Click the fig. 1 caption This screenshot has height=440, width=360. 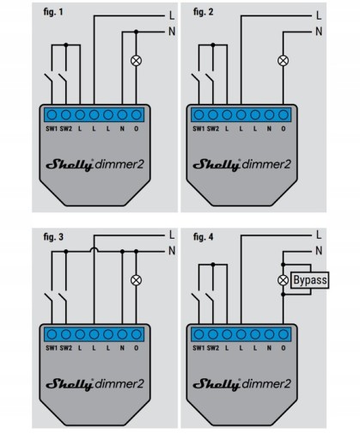tap(53, 12)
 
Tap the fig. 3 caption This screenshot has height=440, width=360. tap(53, 237)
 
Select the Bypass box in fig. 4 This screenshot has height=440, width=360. tap(309, 280)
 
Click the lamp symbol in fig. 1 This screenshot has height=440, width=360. tap(136, 61)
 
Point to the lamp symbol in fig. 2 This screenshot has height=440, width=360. tap(284, 61)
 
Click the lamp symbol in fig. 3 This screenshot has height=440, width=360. tap(136, 280)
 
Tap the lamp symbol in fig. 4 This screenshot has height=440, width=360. tap(284, 280)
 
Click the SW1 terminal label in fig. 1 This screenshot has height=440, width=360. tap(52, 129)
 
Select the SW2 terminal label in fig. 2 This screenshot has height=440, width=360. tap(213, 129)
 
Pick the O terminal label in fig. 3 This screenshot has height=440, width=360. tap(137, 348)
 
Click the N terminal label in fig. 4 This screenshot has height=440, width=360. tap(269, 348)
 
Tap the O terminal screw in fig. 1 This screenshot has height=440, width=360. tap(137, 115)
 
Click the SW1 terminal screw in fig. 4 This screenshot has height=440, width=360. tap(198, 334)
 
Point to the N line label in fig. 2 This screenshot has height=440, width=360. tap(319, 31)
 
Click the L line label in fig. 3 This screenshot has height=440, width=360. tap(172, 235)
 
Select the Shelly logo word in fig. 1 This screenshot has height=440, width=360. tap(70, 165)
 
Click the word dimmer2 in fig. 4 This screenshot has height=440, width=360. tap(266, 384)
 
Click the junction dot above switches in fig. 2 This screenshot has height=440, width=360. tap(213, 45)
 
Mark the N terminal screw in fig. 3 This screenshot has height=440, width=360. tap(122, 334)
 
